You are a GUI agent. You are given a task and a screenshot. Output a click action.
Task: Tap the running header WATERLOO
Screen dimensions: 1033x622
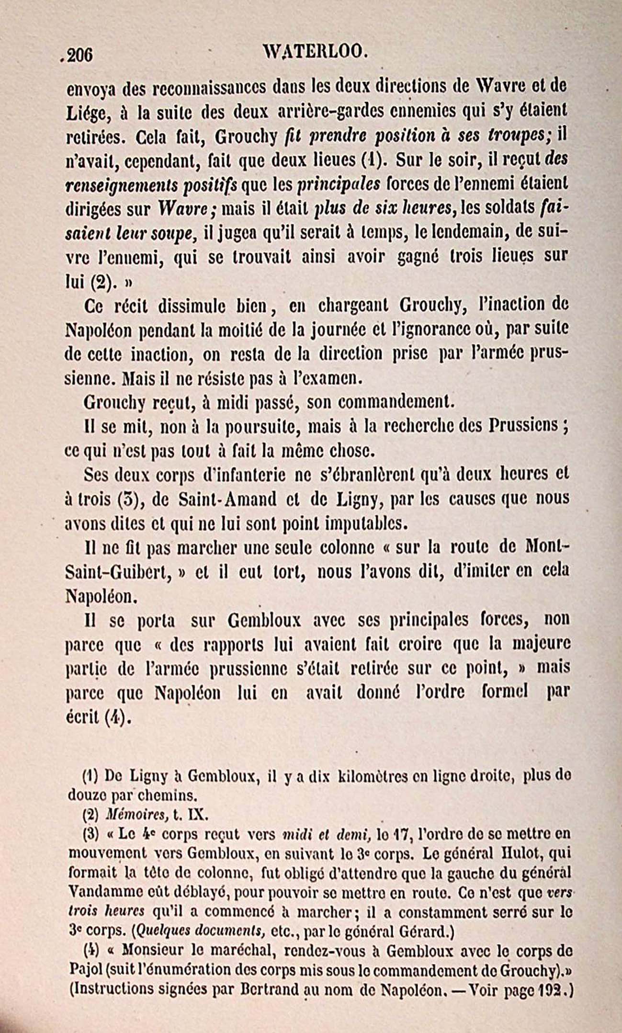[316, 51]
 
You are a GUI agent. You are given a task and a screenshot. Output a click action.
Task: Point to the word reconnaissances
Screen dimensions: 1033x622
[208, 89]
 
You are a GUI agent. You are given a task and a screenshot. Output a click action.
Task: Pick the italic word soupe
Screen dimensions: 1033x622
[172, 234]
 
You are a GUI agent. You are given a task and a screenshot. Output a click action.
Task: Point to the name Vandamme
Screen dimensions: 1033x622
[101, 893]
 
